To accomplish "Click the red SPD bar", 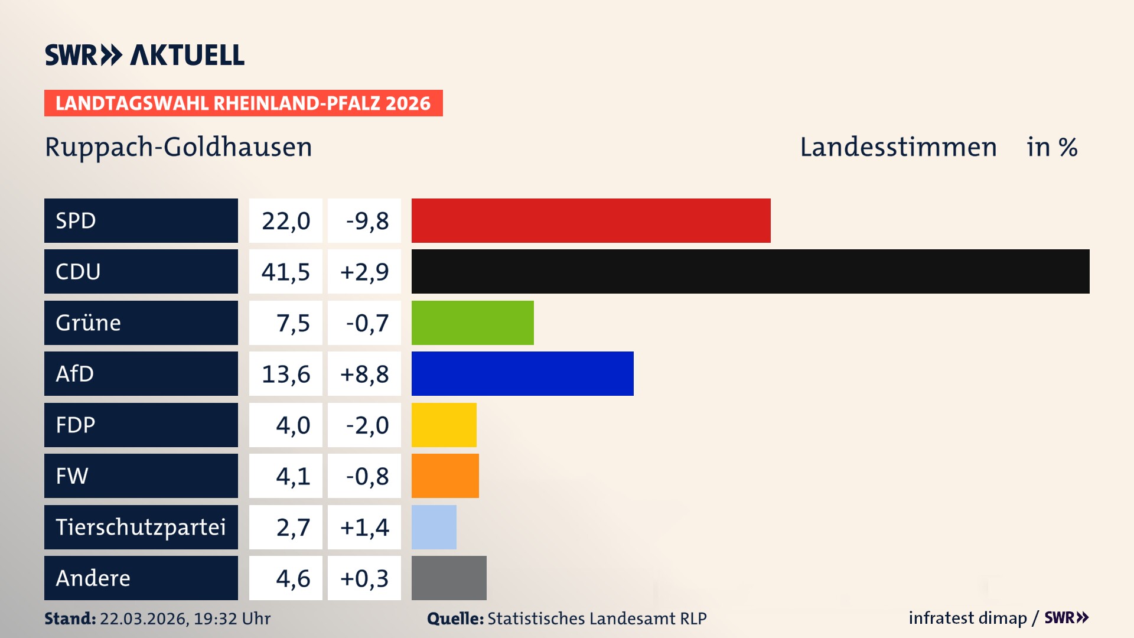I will tap(591, 220).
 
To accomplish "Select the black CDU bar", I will tap(750, 271).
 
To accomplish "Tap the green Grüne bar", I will tap(472, 323).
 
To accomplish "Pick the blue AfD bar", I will tap(522, 373).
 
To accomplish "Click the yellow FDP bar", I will tap(444, 425).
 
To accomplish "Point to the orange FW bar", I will tap(445, 476).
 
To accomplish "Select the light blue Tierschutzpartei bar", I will tap(434, 527).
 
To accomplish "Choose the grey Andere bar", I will tap(449, 578).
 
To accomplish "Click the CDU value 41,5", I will tap(286, 272).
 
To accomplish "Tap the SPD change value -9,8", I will tap(367, 221).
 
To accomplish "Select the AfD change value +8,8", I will tap(364, 374).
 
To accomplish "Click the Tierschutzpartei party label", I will tap(141, 527).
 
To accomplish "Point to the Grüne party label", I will tap(89, 323).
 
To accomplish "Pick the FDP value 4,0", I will tap(293, 425).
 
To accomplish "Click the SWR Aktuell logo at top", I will tap(145, 55).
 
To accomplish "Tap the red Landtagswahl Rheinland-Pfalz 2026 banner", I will tap(243, 103).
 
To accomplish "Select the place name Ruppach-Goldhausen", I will tap(178, 147).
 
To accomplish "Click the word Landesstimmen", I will tap(898, 147).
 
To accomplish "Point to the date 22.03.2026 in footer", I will tap(144, 619).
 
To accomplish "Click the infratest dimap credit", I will tap(967, 618).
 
